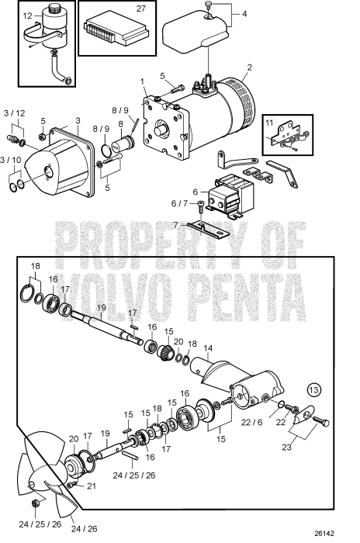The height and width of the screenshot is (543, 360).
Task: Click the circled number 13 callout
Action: (313, 389)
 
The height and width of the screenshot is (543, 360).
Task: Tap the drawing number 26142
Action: (335, 534)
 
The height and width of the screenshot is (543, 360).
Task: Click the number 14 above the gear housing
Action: (206, 349)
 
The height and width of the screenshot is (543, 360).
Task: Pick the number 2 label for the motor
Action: (250, 67)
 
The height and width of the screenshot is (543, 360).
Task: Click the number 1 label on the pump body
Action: (142, 81)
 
